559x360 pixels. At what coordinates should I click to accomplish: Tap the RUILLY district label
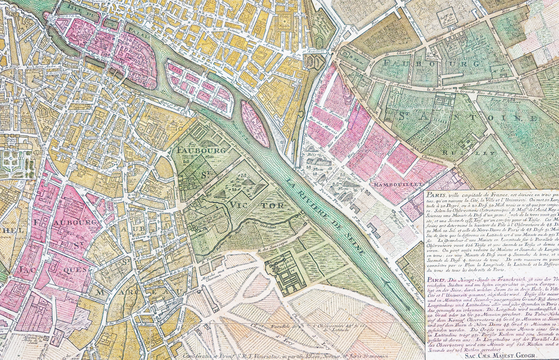[x=468, y=153]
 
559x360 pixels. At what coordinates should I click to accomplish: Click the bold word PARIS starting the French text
[x=435, y=195]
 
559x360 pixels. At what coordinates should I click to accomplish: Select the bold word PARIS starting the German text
[x=435, y=280]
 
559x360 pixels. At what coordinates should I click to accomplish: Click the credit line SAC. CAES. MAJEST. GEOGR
[x=500, y=356]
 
